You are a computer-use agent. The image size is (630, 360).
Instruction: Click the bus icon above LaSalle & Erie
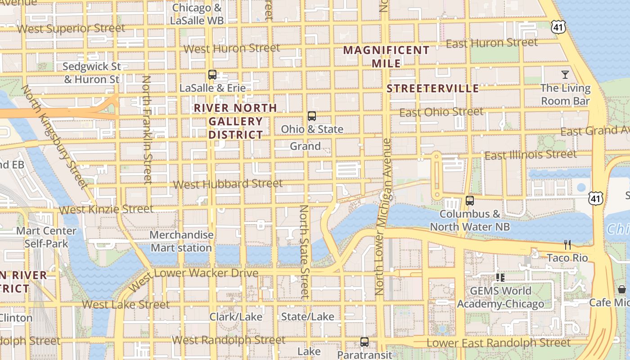(x=212, y=74)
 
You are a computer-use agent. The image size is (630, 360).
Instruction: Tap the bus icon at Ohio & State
(x=312, y=116)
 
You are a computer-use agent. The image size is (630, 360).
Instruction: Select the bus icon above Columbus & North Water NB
(x=470, y=201)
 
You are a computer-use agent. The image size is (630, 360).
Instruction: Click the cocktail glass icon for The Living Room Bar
(x=565, y=74)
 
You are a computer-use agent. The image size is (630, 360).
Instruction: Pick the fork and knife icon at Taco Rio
(x=567, y=245)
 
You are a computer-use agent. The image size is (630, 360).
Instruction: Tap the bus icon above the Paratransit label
(x=364, y=342)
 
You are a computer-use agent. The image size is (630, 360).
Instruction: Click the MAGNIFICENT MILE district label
(x=387, y=57)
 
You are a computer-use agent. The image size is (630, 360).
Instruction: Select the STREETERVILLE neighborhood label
(x=433, y=88)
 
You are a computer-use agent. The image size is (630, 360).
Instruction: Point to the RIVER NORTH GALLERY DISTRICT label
(x=235, y=121)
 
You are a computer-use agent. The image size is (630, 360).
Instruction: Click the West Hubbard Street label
(x=228, y=184)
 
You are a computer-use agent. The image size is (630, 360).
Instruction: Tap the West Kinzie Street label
(x=106, y=209)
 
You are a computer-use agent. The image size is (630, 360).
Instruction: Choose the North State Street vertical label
(x=305, y=252)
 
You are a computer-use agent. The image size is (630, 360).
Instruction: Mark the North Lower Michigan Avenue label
(x=383, y=216)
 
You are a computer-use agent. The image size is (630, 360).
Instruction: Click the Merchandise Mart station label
(x=181, y=242)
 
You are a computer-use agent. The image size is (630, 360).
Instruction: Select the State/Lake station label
(x=308, y=317)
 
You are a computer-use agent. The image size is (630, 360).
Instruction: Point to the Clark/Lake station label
(x=236, y=317)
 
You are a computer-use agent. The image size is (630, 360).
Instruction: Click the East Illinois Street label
(x=530, y=155)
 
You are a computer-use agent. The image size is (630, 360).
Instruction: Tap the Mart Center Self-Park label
(x=46, y=238)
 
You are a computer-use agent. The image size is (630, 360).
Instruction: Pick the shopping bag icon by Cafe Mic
(x=622, y=289)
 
